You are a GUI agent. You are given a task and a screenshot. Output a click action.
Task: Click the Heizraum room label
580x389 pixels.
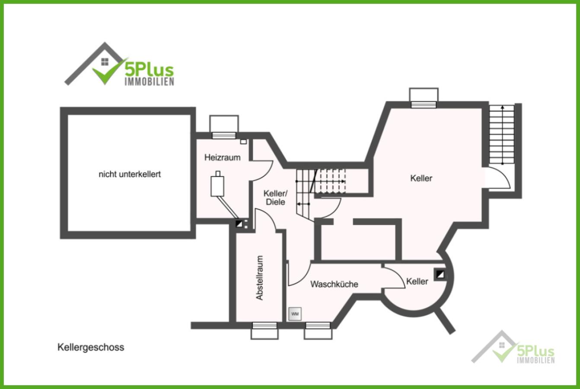tap(222, 157)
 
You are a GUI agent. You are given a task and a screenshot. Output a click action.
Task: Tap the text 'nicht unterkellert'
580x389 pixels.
tap(130, 175)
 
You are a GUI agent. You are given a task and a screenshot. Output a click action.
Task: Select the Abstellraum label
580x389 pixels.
tap(259, 278)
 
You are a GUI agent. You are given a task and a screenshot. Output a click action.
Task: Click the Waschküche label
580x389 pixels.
tap(334, 284)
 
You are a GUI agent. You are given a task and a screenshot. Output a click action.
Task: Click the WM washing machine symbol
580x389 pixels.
tap(295, 314)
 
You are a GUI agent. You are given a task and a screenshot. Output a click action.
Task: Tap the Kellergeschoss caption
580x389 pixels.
tap(91, 348)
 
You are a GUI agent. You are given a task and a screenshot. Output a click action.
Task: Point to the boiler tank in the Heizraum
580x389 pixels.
tap(217, 185)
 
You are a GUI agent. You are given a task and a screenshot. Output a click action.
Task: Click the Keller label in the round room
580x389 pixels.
tap(417, 282)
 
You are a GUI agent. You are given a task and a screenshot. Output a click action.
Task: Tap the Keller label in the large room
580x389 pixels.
tap(421, 178)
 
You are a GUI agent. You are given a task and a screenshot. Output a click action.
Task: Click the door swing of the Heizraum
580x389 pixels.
tap(262, 171)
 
